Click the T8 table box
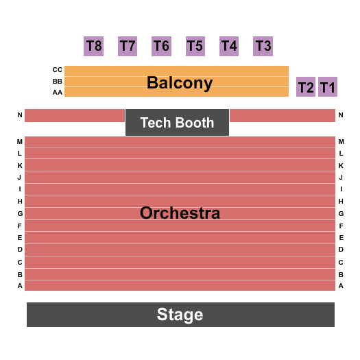[93, 46]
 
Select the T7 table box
[128, 46]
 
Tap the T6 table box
[161, 46]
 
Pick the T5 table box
[195, 46]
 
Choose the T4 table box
[229, 46]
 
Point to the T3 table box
[263, 46]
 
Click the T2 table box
[306, 87]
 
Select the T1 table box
[328, 87]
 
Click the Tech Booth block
[177, 122]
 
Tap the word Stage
[180, 315]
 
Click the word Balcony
[180, 83]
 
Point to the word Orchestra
[180, 213]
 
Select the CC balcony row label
[57, 69]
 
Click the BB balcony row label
[57, 82]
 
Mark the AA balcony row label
[57, 93]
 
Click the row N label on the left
[20, 115]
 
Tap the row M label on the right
[341, 142]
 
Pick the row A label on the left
[20, 286]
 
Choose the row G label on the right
[341, 214]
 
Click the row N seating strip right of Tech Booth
[283, 115]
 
